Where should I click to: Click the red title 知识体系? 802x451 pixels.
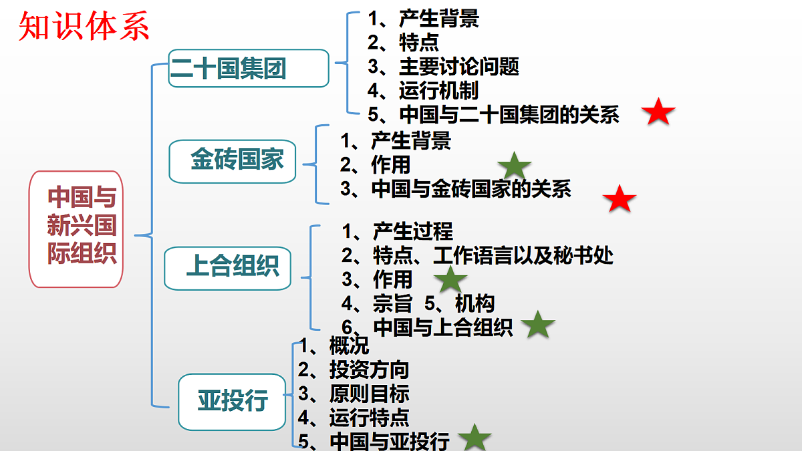[x=84, y=26]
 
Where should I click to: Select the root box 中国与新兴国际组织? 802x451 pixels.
[x=76, y=229]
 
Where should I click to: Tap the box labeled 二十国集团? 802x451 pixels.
[x=249, y=68]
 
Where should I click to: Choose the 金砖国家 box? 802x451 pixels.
[x=233, y=162]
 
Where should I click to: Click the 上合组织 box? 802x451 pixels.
[x=228, y=268]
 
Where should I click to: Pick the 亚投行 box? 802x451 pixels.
[x=232, y=402]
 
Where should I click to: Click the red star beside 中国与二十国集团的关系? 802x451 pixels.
[x=658, y=112]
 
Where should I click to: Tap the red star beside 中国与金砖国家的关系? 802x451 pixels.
[x=620, y=199]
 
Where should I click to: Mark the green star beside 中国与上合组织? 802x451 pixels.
[x=538, y=325]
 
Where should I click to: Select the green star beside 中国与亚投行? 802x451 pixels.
[x=475, y=438]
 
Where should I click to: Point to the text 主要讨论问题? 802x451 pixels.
[x=459, y=67]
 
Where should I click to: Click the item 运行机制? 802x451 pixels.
[x=439, y=91]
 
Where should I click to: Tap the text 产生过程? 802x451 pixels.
[x=413, y=231]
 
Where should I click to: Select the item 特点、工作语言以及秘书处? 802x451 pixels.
[x=493, y=255]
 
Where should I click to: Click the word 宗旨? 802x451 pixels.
[x=393, y=303]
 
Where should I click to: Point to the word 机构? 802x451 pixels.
[x=475, y=303]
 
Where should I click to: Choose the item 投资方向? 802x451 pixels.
[x=369, y=369]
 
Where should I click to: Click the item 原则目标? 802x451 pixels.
[x=369, y=394]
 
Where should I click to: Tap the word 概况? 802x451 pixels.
[x=349, y=345]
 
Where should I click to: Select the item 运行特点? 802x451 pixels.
[x=369, y=418]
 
